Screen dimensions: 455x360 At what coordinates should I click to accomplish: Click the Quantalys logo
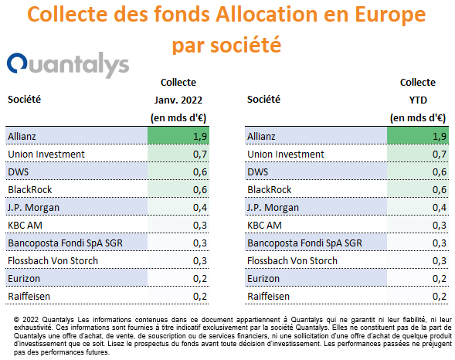68,65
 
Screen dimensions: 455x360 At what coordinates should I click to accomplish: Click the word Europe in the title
390,15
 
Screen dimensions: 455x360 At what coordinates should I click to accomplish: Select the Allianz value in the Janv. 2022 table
200,136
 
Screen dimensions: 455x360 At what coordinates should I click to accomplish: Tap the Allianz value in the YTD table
440,136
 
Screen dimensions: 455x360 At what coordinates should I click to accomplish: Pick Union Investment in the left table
46,154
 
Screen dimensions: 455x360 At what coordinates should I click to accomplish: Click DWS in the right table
258,172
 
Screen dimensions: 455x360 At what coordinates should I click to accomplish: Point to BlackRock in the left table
30,190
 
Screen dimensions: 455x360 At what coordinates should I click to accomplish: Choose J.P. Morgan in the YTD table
273,208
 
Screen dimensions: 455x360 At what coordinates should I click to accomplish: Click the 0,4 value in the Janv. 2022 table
200,207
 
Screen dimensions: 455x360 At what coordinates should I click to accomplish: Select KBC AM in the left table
25,225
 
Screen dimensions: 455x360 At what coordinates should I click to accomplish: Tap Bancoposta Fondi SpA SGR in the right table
304,243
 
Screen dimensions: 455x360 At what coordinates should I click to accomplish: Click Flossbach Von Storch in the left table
53,261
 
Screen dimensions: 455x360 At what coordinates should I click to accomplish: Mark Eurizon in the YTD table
263,278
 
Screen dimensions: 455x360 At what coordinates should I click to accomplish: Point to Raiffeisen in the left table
29,296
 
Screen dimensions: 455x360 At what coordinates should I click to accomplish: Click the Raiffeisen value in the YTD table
440,296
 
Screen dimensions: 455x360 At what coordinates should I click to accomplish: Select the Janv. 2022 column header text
178,100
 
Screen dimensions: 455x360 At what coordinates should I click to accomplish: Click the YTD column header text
418,100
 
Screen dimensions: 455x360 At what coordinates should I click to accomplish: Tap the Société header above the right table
263,99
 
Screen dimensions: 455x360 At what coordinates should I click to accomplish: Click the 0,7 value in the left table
200,154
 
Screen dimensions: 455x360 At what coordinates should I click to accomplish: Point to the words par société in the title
226,46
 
